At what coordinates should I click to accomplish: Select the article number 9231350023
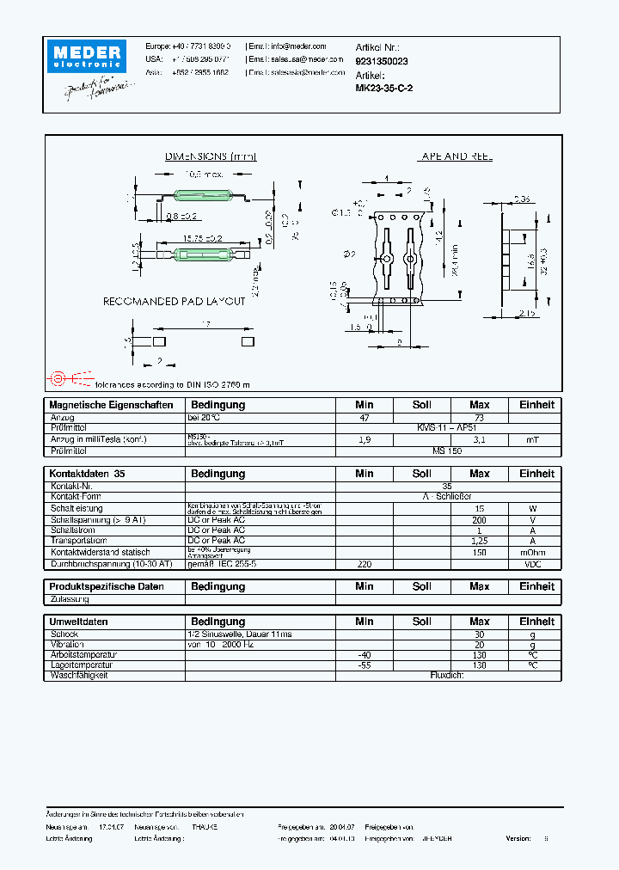click(x=382, y=61)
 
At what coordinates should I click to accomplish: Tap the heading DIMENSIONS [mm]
click(x=211, y=156)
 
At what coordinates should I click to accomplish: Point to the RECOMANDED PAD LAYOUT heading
click(x=175, y=302)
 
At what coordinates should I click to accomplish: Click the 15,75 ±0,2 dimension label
click(x=202, y=238)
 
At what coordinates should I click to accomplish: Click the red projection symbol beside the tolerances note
click(x=58, y=377)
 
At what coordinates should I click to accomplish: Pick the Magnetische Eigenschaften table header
click(x=111, y=405)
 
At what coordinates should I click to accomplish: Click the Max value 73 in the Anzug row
click(x=479, y=417)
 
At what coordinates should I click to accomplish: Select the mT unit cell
click(x=533, y=439)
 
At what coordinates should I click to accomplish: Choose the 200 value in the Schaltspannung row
click(x=479, y=520)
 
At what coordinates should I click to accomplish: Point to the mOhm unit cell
click(x=533, y=553)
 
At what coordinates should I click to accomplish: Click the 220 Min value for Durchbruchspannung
click(x=365, y=564)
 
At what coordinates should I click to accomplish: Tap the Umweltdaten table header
click(x=78, y=622)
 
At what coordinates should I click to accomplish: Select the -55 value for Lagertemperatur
click(x=365, y=665)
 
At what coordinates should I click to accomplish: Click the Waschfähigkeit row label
click(x=80, y=676)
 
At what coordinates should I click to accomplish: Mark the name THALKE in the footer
click(x=205, y=825)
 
